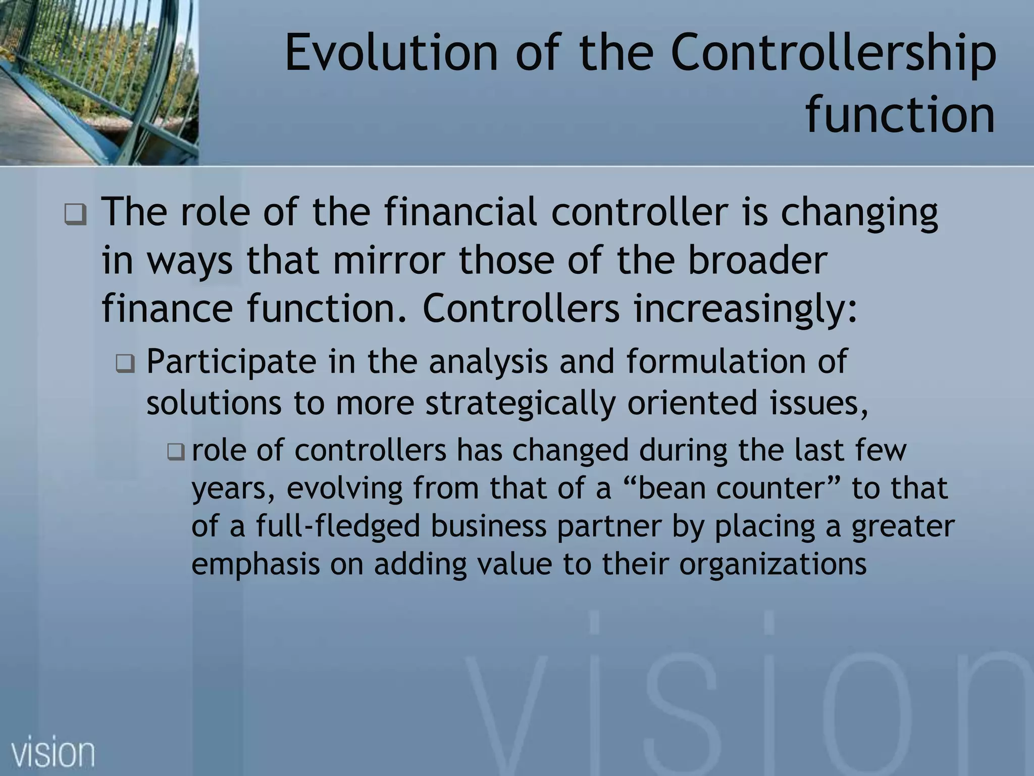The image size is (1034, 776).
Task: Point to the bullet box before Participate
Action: click(x=125, y=363)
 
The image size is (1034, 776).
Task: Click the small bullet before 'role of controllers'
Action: click(x=176, y=451)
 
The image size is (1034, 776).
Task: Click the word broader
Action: click(x=758, y=260)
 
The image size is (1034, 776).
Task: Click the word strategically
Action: click(x=521, y=403)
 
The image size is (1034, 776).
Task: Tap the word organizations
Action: click(x=772, y=564)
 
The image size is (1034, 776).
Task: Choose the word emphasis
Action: click(x=255, y=564)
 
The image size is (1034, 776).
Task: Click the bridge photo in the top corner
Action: click(x=99, y=82)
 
